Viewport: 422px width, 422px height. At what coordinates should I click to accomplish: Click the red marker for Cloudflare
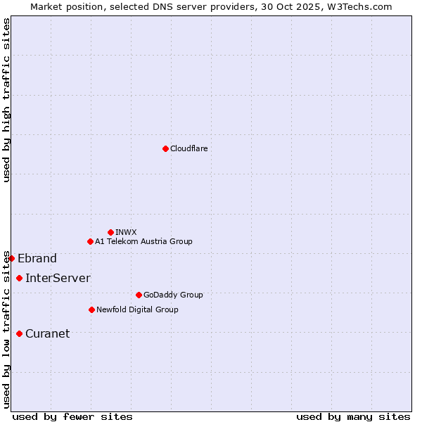coord(165,148)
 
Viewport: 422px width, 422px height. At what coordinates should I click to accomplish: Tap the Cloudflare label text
coord(188,148)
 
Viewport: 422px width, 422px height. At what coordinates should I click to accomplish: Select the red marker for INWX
coord(110,232)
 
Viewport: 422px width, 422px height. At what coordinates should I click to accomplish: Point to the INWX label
coord(126,232)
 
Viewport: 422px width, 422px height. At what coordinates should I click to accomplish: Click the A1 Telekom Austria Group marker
coord(90,241)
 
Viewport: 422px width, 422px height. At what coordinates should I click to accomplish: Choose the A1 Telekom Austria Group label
coord(143,241)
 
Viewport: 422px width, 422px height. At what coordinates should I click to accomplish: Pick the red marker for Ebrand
coord(11,258)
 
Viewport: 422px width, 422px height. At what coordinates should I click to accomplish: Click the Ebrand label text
coord(37,258)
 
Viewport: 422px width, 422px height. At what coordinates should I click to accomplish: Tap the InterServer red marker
coord(19,278)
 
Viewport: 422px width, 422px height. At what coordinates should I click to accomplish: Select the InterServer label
coord(58,278)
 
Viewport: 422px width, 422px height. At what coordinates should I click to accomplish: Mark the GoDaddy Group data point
coord(139,295)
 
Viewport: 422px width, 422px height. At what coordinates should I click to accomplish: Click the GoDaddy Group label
coord(173,295)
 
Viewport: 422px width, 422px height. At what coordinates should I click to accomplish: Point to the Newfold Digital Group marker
coord(91,309)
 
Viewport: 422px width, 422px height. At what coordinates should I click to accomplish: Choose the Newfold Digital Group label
coord(137,309)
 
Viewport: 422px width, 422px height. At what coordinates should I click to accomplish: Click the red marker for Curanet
coord(19,333)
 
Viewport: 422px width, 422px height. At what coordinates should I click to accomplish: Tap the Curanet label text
coord(47,333)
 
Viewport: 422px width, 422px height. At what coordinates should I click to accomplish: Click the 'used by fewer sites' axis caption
coord(72,416)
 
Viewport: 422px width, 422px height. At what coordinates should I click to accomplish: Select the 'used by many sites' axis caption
coord(353,416)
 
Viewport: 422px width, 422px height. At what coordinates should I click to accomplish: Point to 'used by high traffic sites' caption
coord(6,101)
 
